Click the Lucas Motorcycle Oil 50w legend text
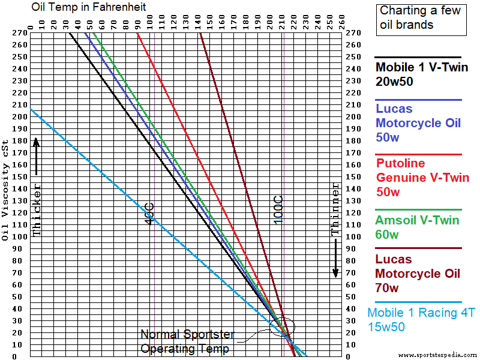(x=418, y=123)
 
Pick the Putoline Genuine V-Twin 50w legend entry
(x=418, y=178)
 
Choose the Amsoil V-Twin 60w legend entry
(x=418, y=227)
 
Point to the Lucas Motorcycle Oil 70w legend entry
(x=418, y=274)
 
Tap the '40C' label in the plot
(x=149, y=214)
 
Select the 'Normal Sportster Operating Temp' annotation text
(x=187, y=341)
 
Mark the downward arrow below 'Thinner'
(x=335, y=259)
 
